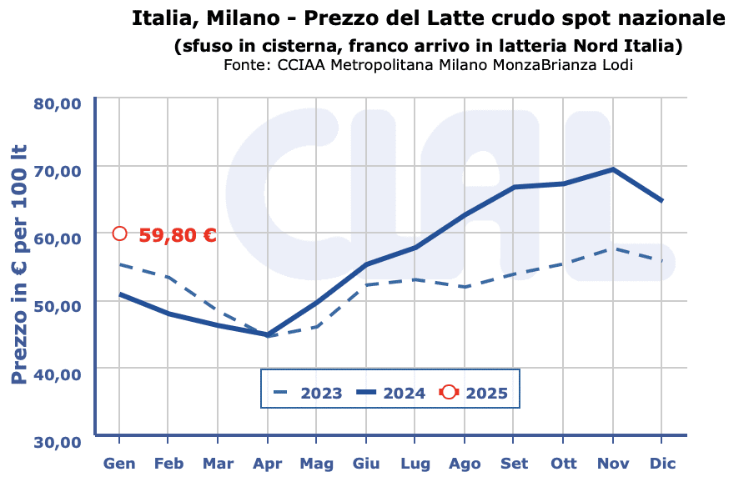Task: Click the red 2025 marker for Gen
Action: pyautogui.click(x=120, y=233)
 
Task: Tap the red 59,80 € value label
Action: pyautogui.click(x=177, y=235)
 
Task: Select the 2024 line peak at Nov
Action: pyautogui.click(x=613, y=169)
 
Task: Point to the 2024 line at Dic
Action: pyautogui.click(x=662, y=201)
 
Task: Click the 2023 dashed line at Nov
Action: pyautogui.click(x=613, y=248)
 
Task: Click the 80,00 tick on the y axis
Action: pyautogui.click(x=57, y=103)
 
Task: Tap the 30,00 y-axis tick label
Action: pyautogui.click(x=57, y=441)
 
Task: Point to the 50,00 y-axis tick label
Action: pyautogui.click(x=57, y=306)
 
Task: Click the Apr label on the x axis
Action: pyautogui.click(x=268, y=464)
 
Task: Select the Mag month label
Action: pyautogui.click(x=317, y=464)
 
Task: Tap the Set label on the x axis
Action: pyautogui.click(x=515, y=464)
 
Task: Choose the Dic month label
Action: pyautogui.click(x=662, y=464)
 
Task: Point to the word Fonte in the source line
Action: pyautogui.click(x=244, y=64)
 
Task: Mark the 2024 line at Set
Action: pyautogui.click(x=515, y=188)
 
